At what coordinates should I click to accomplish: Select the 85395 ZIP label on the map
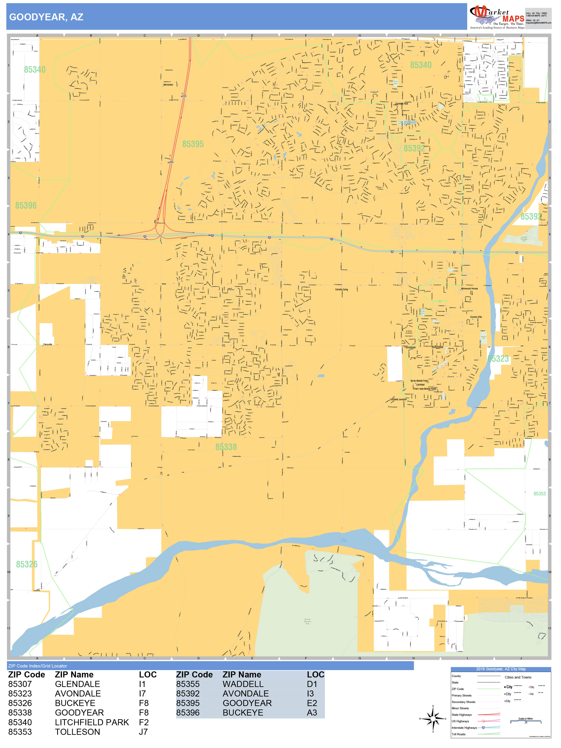[193, 144]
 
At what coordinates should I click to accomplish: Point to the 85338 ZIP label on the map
[226, 447]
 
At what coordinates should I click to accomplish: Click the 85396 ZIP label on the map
[26, 206]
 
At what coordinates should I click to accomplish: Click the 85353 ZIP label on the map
[539, 494]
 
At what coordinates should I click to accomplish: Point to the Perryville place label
[48, 345]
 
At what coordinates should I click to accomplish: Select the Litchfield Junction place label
[398, 399]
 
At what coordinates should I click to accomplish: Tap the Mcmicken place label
[168, 85]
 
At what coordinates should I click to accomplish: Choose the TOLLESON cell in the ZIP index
[77, 732]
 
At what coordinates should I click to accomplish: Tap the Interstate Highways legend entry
[464, 728]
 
